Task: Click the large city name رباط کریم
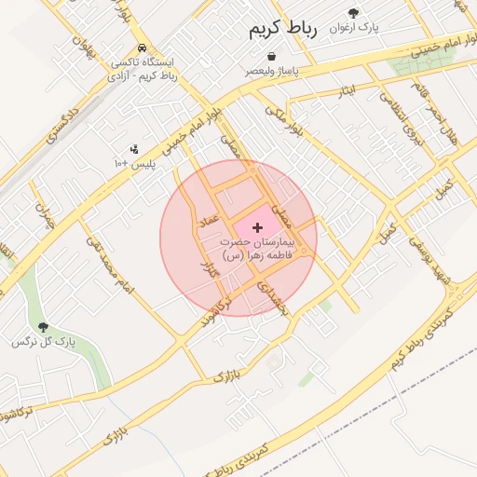(x=283, y=30)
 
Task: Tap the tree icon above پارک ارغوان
(x=353, y=12)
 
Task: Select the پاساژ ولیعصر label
(x=272, y=71)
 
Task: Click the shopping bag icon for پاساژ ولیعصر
(x=271, y=57)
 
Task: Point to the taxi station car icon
(x=141, y=48)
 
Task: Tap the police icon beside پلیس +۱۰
(x=134, y=148)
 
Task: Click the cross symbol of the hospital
(x=257, y=226)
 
